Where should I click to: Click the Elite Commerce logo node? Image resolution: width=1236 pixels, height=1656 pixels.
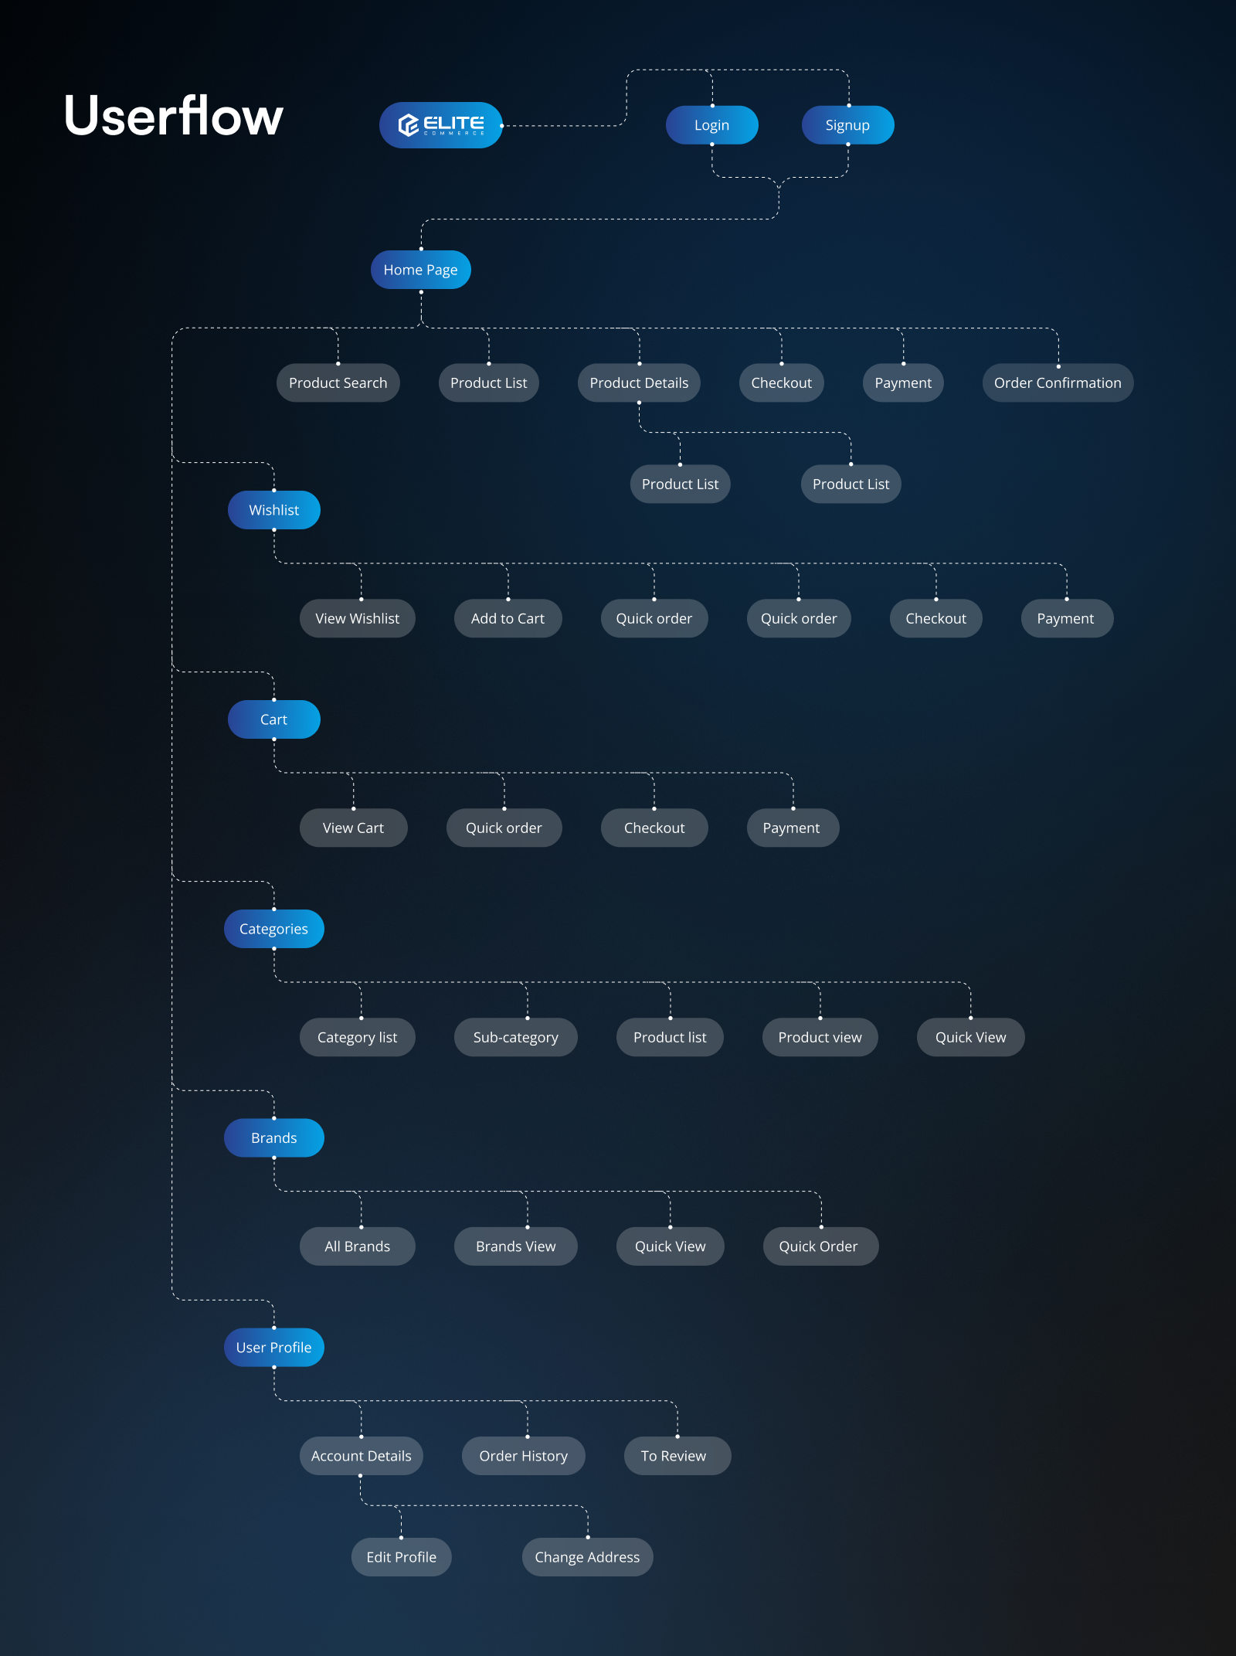click(440, 125)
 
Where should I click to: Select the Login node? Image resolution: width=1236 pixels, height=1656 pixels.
click(711, 125)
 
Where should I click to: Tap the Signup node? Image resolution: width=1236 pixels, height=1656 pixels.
click(847, 125)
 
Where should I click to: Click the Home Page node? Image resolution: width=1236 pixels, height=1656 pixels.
click(420, 270)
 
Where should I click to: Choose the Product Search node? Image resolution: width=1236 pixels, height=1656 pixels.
click(338, 383)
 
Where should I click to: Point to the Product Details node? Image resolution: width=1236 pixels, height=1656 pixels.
click(639, 383)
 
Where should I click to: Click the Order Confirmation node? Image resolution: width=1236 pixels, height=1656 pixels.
click(1058, 383)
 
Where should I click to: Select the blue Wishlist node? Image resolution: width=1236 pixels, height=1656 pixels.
click(273, 510)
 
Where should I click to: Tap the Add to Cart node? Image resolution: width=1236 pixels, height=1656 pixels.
click(508, 618)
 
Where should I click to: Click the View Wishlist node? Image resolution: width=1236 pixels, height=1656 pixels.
click(357, 618)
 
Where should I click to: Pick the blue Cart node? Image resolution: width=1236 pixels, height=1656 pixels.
click(273, 719)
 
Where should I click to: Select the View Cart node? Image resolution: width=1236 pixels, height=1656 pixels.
click(353, 828)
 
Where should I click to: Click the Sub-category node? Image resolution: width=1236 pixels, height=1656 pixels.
click(515, 1037)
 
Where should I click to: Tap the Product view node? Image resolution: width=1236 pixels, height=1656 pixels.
click(820, 1037)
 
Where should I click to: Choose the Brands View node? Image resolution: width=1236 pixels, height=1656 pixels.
click(515, 1246)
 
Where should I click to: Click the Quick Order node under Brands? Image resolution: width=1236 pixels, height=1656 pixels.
click(818, 1246)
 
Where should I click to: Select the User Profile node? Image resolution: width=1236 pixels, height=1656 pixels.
click(273, 1348)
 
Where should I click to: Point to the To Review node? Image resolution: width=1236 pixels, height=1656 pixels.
click(674, 1456)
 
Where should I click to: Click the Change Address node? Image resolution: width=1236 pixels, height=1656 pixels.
click(587, 1557)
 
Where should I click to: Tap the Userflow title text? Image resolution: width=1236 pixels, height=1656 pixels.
click(174, 116)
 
